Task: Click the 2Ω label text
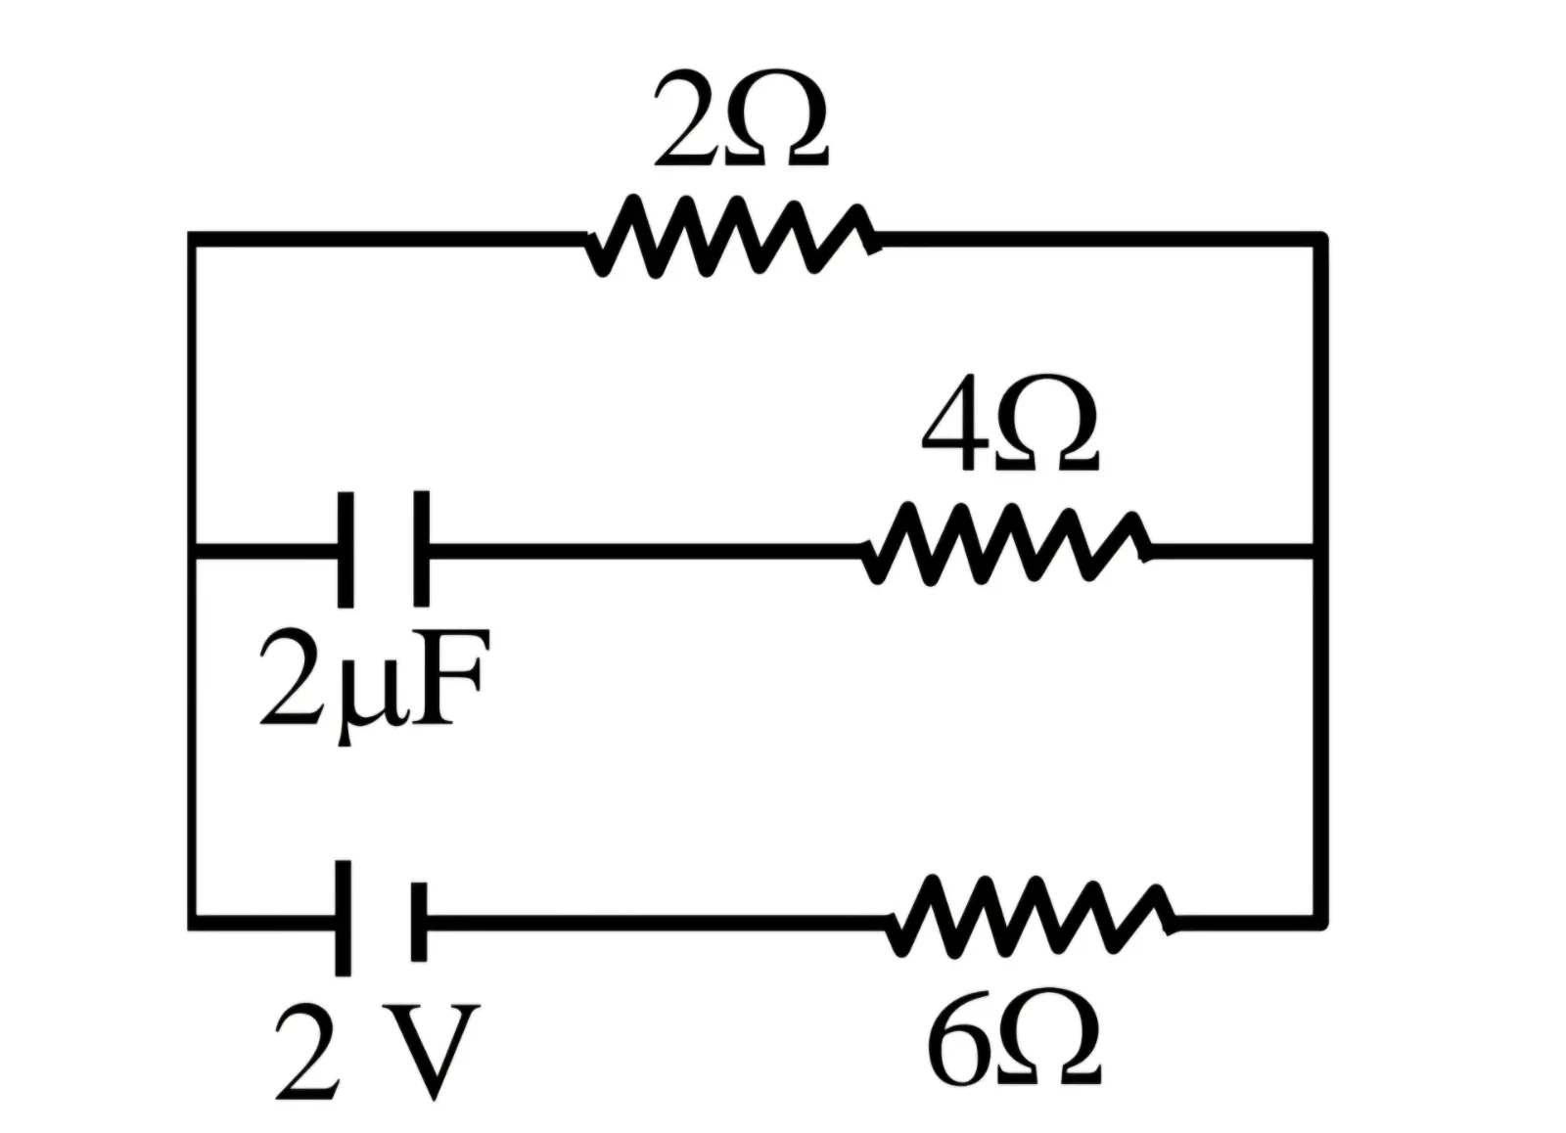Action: coord(741,118)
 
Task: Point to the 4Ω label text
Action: coord(1009,423)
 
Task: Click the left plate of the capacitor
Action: coord(345,549)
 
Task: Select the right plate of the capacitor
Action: coord(421,549)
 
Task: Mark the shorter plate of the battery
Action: coord(419,923)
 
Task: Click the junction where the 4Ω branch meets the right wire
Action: coord(1318,551)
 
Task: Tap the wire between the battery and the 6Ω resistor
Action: coord(657,923)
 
